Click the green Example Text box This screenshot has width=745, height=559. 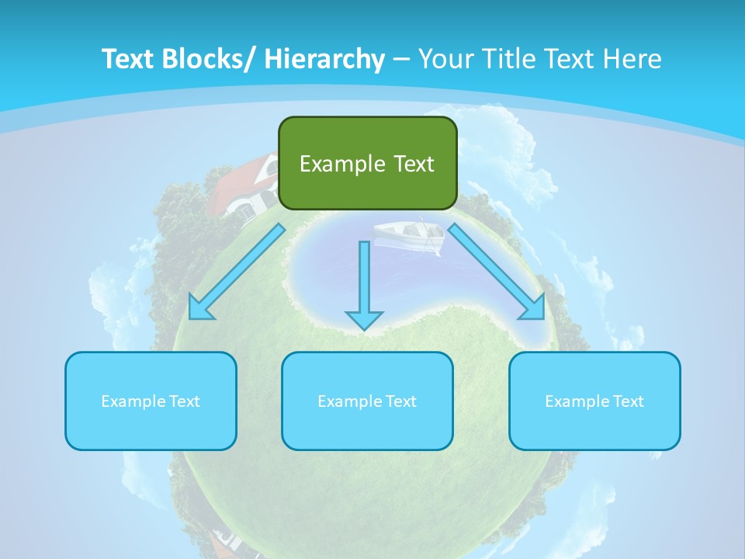coord(367,163)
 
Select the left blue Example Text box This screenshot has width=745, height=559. coord(151,401)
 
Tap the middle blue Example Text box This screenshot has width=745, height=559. coord(367,401)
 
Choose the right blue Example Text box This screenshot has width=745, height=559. coord(594,401)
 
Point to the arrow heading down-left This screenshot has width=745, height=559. coord(237,273)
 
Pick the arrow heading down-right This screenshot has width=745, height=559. coord(497,273)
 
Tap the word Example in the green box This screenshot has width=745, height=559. coord(342,164)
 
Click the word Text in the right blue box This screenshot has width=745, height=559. coord(628,401)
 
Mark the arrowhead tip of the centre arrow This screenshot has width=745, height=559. coord(364,329)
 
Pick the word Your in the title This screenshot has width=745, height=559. coord(444,59)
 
